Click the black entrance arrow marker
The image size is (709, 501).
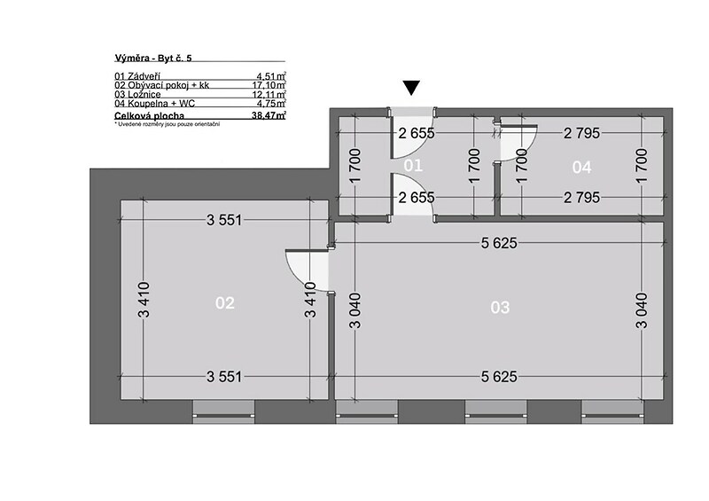click(x=411, y=89)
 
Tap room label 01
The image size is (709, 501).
click(x=413, y=166)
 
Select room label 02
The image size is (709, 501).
click(x=225, y=302)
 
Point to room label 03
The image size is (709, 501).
click(x=500, y=308)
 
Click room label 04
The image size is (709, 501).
click(x=581, y=168)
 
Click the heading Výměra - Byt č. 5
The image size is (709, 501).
click(x=153, y=58)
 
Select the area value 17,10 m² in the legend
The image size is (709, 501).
click(x=269, y=85)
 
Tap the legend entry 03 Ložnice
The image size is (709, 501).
click(x=137, y=94)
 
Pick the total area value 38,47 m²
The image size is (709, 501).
click(x=269, y=115)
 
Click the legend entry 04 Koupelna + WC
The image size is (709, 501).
click(x=154, y=103)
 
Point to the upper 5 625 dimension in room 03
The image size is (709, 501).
click(x=499, y=243)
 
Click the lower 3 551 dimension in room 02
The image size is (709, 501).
click(x=224, y=377)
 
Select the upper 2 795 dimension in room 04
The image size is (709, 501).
click(x=581, y=133)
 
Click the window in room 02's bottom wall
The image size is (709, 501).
click(x=224, y=411)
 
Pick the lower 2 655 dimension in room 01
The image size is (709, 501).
click(x=416, y=198)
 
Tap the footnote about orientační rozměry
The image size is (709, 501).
click(x=168, y=124)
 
